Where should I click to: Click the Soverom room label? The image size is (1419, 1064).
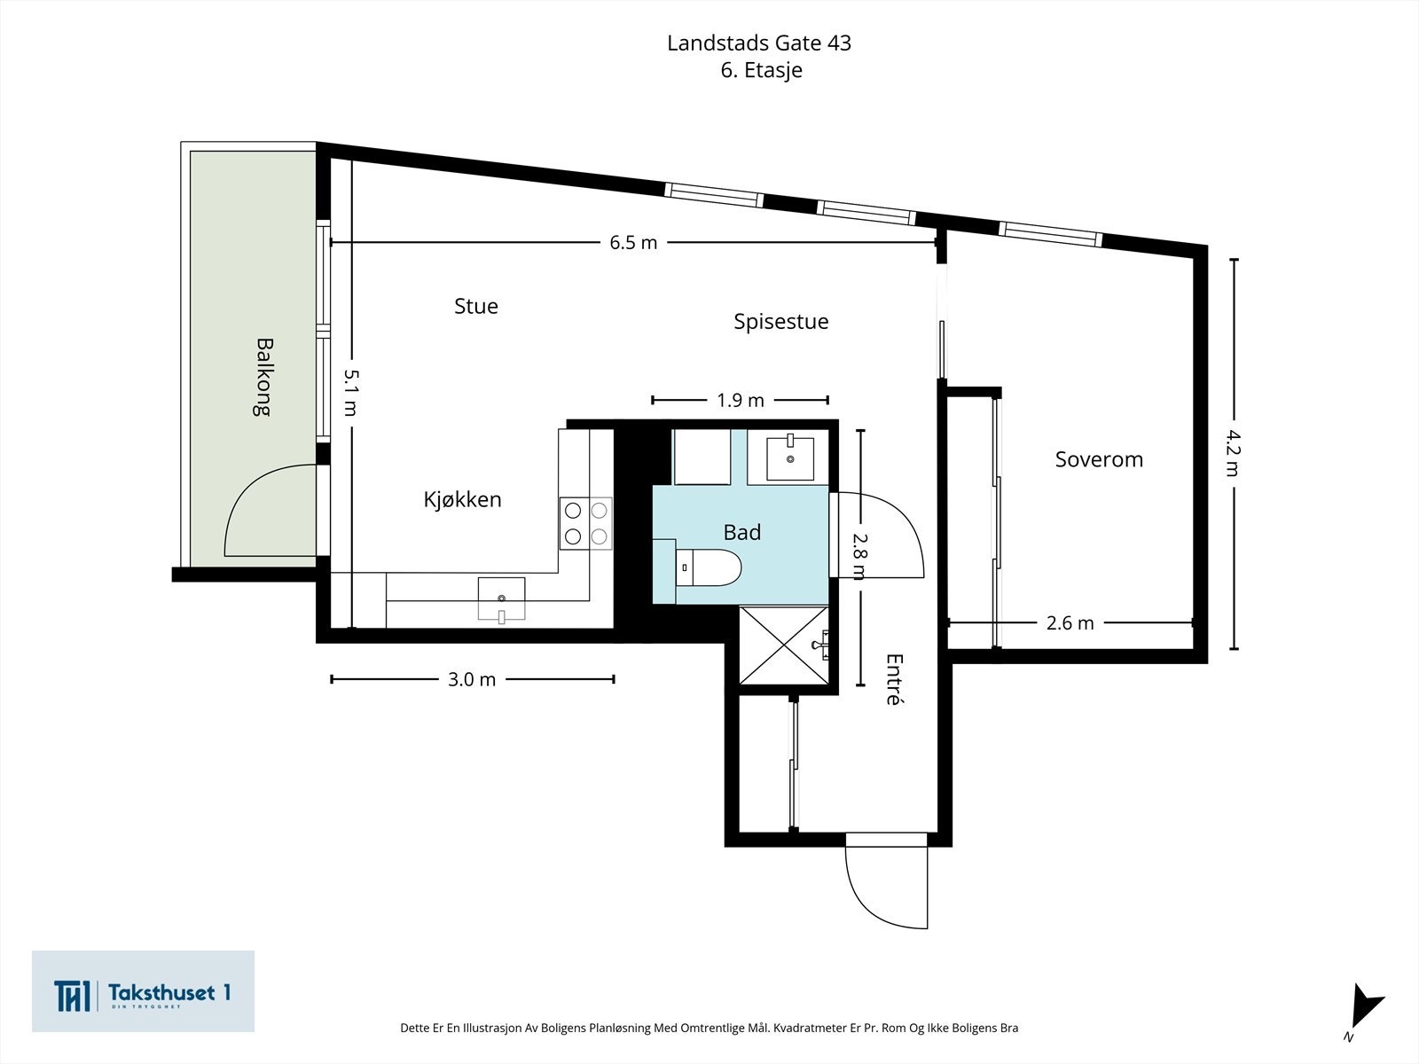1099,459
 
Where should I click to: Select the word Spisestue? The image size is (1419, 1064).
780,321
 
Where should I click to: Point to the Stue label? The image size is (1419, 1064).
476,306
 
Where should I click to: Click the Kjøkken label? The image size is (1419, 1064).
462,499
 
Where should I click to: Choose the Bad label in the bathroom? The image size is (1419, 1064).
741,532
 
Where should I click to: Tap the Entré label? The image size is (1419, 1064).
894,679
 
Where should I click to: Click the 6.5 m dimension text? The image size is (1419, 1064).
633,242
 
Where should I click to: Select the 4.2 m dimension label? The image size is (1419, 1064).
1233,452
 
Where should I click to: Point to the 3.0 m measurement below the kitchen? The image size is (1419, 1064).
472,679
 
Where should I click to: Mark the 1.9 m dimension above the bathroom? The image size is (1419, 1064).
741,400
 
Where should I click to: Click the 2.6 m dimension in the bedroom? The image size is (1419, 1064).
1070,622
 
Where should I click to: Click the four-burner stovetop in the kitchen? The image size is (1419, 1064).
586,523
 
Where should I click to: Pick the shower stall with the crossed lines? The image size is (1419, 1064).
784,645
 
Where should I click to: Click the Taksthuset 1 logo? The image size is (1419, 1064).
143,991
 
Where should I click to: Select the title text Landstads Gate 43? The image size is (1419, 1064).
759,43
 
